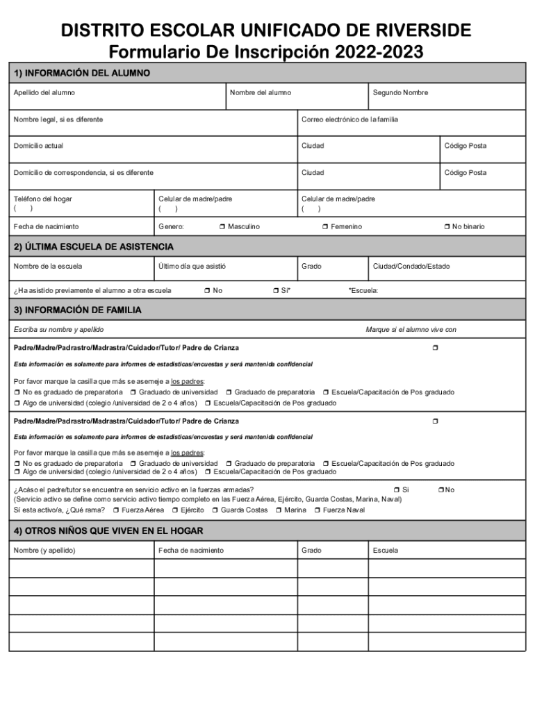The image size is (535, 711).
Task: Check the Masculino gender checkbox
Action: coord(222,227)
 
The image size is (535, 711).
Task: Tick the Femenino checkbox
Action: coord(325,227)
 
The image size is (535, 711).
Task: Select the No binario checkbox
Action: coord(447,227)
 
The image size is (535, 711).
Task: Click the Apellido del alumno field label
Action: coord(44,93)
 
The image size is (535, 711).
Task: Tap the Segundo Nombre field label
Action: coord(400,93)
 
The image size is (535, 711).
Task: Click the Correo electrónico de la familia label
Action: coord(349,119)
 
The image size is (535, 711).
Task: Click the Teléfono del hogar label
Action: coord(43,199)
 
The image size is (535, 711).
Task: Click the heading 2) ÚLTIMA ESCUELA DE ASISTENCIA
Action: coord(94,246)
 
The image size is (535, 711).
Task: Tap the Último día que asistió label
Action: coord(192,266)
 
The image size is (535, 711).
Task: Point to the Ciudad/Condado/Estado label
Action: coord(411,266)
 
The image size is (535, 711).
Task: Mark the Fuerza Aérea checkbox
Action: coord(116,510)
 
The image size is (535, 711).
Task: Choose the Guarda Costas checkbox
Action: coord(215,510)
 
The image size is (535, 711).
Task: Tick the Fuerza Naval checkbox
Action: coord(318,510)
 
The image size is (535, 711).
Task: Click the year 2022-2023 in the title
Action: coord(379,52)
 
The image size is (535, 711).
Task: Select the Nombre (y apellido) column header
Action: coord(44,551)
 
